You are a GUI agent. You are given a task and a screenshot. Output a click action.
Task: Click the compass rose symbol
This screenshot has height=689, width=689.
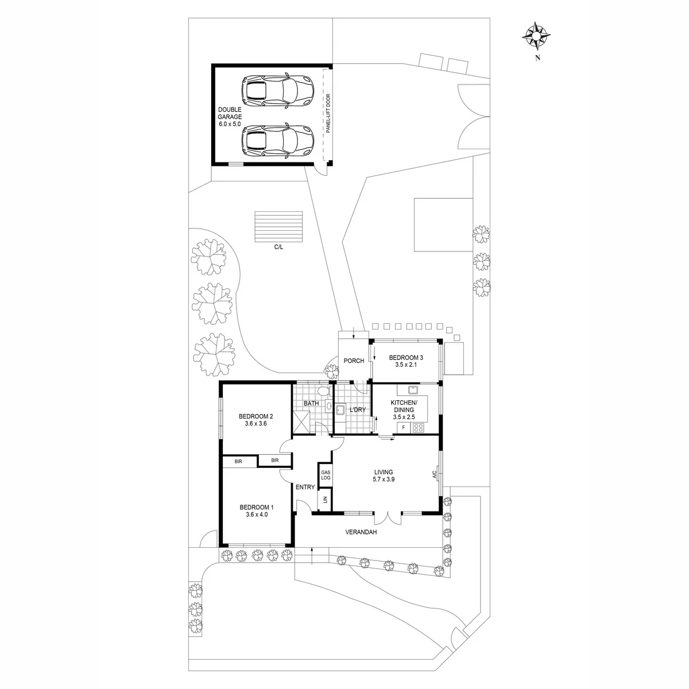pos(536,36)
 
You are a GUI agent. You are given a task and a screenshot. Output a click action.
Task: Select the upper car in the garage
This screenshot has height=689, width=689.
pos(278,91)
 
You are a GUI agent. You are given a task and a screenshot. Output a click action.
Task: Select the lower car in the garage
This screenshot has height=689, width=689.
pos(278,141)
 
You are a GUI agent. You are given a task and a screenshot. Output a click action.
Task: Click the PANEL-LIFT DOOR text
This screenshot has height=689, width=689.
pos(328,114)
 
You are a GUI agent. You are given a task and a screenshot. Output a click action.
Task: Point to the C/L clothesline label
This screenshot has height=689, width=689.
pos(278,247)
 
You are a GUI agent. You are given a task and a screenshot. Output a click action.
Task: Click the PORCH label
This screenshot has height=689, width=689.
pos(354,361)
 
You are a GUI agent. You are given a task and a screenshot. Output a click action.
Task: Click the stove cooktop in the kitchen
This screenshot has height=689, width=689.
pos(418,428)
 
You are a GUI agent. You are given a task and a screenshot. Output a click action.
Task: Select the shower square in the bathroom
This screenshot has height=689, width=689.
pos(301,422)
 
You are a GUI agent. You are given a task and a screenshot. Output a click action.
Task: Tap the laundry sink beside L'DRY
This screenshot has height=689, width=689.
pos(340,410)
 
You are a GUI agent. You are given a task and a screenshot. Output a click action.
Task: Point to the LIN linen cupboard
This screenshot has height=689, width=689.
pos(326,500)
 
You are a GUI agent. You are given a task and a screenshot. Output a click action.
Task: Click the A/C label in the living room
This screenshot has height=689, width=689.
pos(435,474)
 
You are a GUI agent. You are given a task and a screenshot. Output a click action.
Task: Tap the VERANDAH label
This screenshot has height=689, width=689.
pos(361,532)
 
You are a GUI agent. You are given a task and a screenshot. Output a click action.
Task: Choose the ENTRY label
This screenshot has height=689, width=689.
pos(305,487)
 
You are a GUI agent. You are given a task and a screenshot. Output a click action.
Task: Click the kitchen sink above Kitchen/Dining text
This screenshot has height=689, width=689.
pos(413,390)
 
